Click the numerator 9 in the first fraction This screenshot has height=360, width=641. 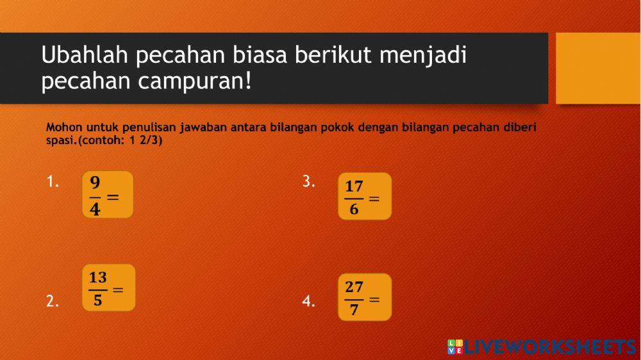[95, 182]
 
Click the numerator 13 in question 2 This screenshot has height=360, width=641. [97, 277]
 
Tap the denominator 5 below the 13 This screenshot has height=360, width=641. [97, 300]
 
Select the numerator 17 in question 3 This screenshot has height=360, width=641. [354, 186]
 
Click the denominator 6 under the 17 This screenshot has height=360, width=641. [354, 209]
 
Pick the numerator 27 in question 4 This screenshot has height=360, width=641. [354, 287]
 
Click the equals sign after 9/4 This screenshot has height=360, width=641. [113, 197]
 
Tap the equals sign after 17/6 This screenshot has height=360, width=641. [374, 199]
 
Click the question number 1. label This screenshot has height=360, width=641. [53, 182]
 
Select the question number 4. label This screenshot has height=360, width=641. [308, 302]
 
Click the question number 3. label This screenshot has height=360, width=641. [308, 182]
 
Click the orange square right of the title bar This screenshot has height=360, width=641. [597, 68]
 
